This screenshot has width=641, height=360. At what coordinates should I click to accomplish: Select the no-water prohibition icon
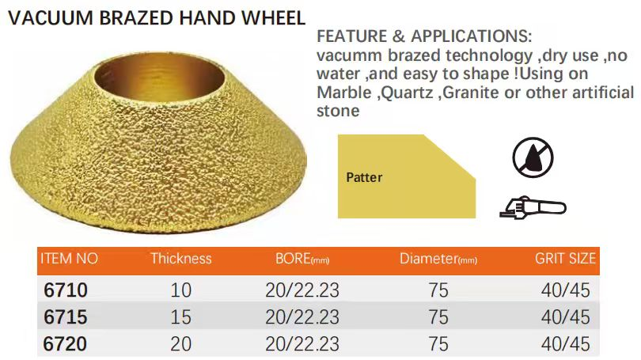(533, 157)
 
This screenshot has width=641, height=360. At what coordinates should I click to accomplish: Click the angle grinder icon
(533, 208)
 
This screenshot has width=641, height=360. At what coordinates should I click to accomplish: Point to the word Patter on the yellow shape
(364, 177)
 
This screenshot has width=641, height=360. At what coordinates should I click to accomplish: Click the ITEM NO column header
(69, 259)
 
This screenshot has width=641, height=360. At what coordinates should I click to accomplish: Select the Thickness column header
(181, 259)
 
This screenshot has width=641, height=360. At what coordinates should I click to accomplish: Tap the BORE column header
(302, 259)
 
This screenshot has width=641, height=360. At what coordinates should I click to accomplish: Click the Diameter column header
(438, 259)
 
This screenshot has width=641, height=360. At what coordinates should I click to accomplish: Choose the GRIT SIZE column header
(565, 259)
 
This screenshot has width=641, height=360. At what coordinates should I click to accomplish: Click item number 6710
(66, 290)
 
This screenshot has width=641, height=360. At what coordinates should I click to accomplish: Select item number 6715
(66, 317)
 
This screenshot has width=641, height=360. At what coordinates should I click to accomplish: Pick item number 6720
(66, 344)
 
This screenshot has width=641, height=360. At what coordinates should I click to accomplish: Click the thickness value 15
(180, 317)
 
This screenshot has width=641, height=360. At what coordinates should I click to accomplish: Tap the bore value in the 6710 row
(302, 290)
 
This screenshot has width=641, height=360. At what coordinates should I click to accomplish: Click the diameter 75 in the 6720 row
(438, 344)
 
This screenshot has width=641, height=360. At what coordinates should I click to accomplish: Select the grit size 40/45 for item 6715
(565, 317)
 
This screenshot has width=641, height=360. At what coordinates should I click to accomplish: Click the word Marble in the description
(343, 93)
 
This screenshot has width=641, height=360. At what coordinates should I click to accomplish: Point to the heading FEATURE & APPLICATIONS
(424, 36)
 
